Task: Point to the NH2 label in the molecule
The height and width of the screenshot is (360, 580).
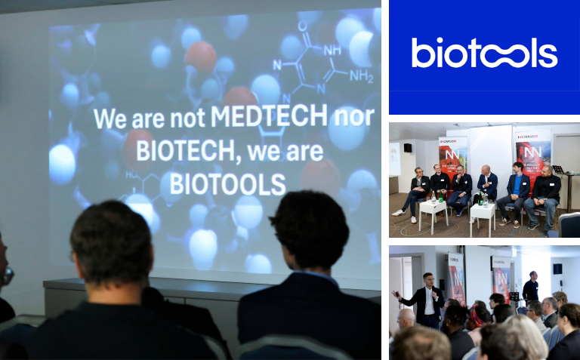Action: coord(360,76)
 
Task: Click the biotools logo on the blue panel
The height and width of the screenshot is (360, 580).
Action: coord(484,53)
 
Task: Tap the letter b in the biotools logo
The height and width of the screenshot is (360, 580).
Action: coord(420,53)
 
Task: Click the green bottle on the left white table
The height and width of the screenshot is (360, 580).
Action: coord(433,195)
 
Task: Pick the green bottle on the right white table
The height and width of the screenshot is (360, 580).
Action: coord(484,198)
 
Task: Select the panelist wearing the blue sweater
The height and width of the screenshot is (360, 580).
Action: coord(518,188)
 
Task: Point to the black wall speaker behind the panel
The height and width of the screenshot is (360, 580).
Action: coord(407,148)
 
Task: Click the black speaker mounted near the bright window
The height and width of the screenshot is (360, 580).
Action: coord(557,268)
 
